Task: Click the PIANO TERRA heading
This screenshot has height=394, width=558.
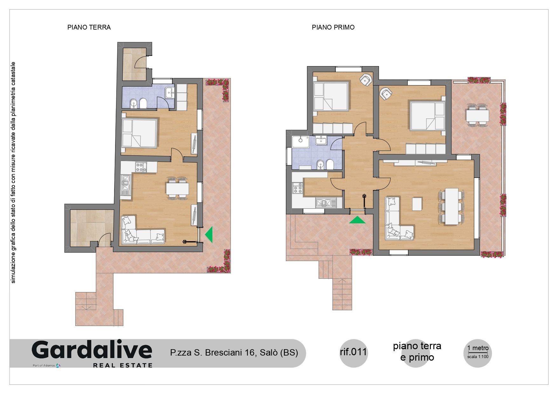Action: (x=89, y=27)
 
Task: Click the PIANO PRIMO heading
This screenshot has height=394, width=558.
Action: (x=333, y=27)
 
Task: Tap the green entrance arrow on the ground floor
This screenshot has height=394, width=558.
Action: (x=209, y=235)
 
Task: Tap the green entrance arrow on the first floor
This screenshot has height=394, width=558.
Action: (x=357, y=220)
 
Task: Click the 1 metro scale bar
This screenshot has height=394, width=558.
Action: (x=478, y=352)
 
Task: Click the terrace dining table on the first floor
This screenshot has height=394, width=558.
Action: (x=478, y=115)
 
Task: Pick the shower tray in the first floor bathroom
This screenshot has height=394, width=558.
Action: (x=300, y=142)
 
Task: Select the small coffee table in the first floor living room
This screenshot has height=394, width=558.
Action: (x=417, y=204)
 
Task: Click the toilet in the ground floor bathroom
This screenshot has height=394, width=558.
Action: (x=143, y=103)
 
